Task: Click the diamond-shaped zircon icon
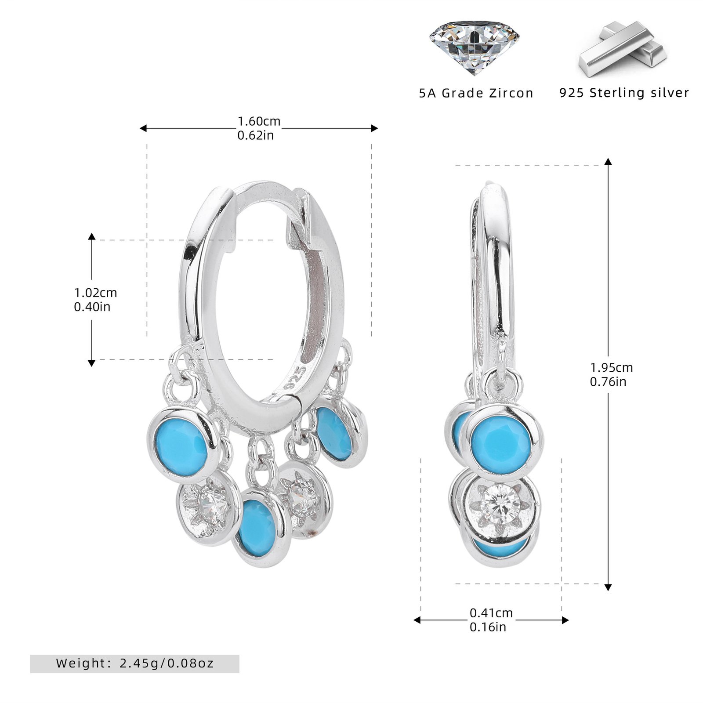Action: point(474,47)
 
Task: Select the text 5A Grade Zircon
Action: point(476,93)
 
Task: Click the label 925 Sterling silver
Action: point(624,93)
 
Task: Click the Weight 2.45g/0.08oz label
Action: point(134,663)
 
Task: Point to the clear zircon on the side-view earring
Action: point(498,508)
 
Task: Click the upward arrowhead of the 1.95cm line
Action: point(608,161)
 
